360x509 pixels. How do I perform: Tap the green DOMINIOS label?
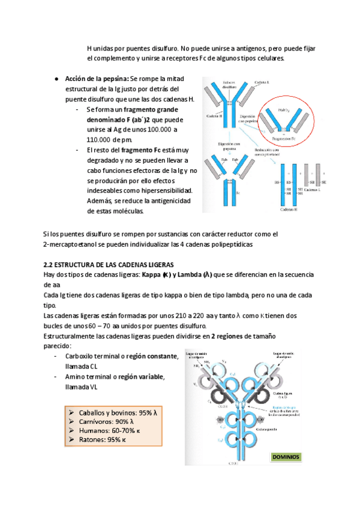286,457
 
